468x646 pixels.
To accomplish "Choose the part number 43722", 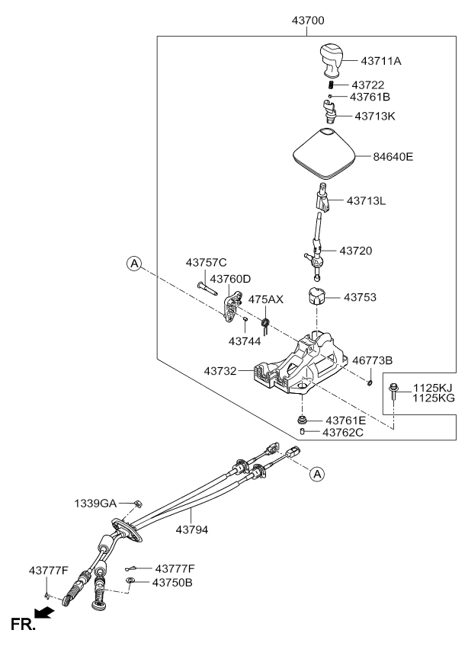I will pos(367,85).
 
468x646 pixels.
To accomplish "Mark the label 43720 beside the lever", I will pos(356,250).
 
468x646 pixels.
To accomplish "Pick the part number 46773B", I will pos(373,360).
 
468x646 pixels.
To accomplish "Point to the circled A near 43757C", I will pos(134,264).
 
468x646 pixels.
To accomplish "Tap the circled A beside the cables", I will pos(318,474).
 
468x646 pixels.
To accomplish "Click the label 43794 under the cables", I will pos(194,528).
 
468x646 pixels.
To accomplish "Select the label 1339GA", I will pos(95,504).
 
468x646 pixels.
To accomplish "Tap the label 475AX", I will pos(266,299).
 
